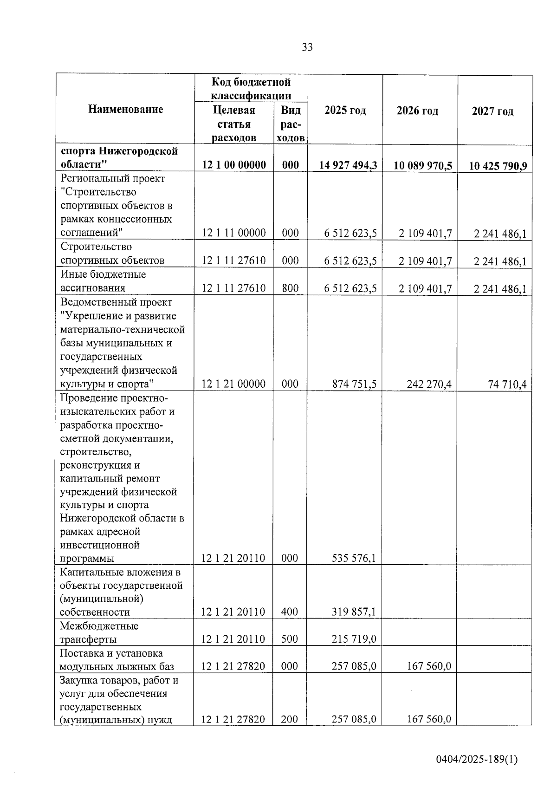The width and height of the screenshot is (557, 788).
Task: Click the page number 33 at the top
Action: coord(307,47)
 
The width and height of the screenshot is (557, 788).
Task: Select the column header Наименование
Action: coord(126,110)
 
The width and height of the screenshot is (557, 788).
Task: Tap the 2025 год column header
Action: coord(345,111)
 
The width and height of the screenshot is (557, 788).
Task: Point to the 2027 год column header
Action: coord(493,111)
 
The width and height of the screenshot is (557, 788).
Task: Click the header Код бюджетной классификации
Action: coord(251,89)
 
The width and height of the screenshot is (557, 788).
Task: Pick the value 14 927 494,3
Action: coord(348,165)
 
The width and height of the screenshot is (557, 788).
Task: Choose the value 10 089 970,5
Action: coord(423,166)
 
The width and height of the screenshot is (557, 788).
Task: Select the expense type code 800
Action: coord(290,288)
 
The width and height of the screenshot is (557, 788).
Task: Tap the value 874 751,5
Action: coord(354,384)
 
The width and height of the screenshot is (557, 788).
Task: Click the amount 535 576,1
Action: coord(354,558)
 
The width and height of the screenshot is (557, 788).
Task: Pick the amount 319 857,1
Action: coord(354,612)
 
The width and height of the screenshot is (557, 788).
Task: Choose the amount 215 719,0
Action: coord(354,639)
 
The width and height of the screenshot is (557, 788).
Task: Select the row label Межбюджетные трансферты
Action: coord(99,632)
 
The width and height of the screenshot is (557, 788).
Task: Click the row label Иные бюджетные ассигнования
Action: coord(103,281)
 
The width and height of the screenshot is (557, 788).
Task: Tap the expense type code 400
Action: coord(290,612)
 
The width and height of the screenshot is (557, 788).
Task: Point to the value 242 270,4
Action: coord(429,384)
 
